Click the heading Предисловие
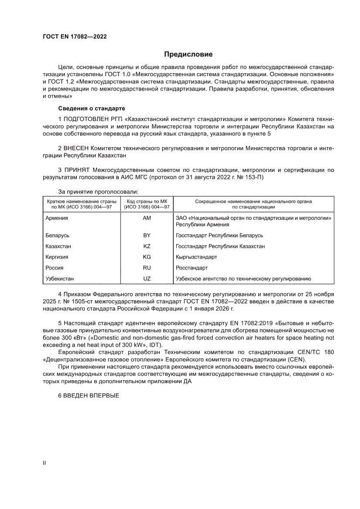[x=188, y=54]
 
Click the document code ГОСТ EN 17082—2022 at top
[x=74, y=37]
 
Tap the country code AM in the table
[x=147, y=218]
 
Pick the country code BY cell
[x=147, y=235]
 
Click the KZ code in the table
[x=147, y=246]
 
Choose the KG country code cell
[x=147, y=257]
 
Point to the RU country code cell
[x=147, y=268]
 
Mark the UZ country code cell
[x=147, y=279]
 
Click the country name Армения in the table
[x=57, y=218]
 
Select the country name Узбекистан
[x=60, y=279]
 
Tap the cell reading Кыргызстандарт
[x=196, y=257]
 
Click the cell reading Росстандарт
[x=192, y=268]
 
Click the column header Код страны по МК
[x=147, y=202]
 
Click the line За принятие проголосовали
[x=98, y=191]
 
